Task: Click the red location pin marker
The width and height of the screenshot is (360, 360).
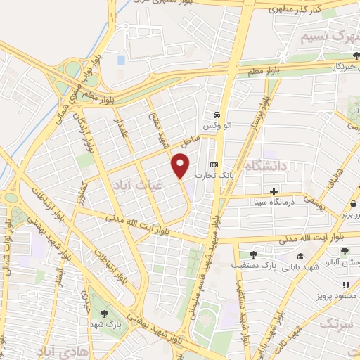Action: click(181, 165)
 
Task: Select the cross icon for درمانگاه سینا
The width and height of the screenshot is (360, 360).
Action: click(274, 191)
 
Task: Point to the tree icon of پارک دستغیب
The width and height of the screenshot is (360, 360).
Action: click(253, 255)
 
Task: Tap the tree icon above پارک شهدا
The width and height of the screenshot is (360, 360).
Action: click(105, 314)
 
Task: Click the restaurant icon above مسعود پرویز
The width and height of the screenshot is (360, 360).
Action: click(345, 285)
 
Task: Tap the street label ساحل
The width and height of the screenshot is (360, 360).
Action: click(189, 142)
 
